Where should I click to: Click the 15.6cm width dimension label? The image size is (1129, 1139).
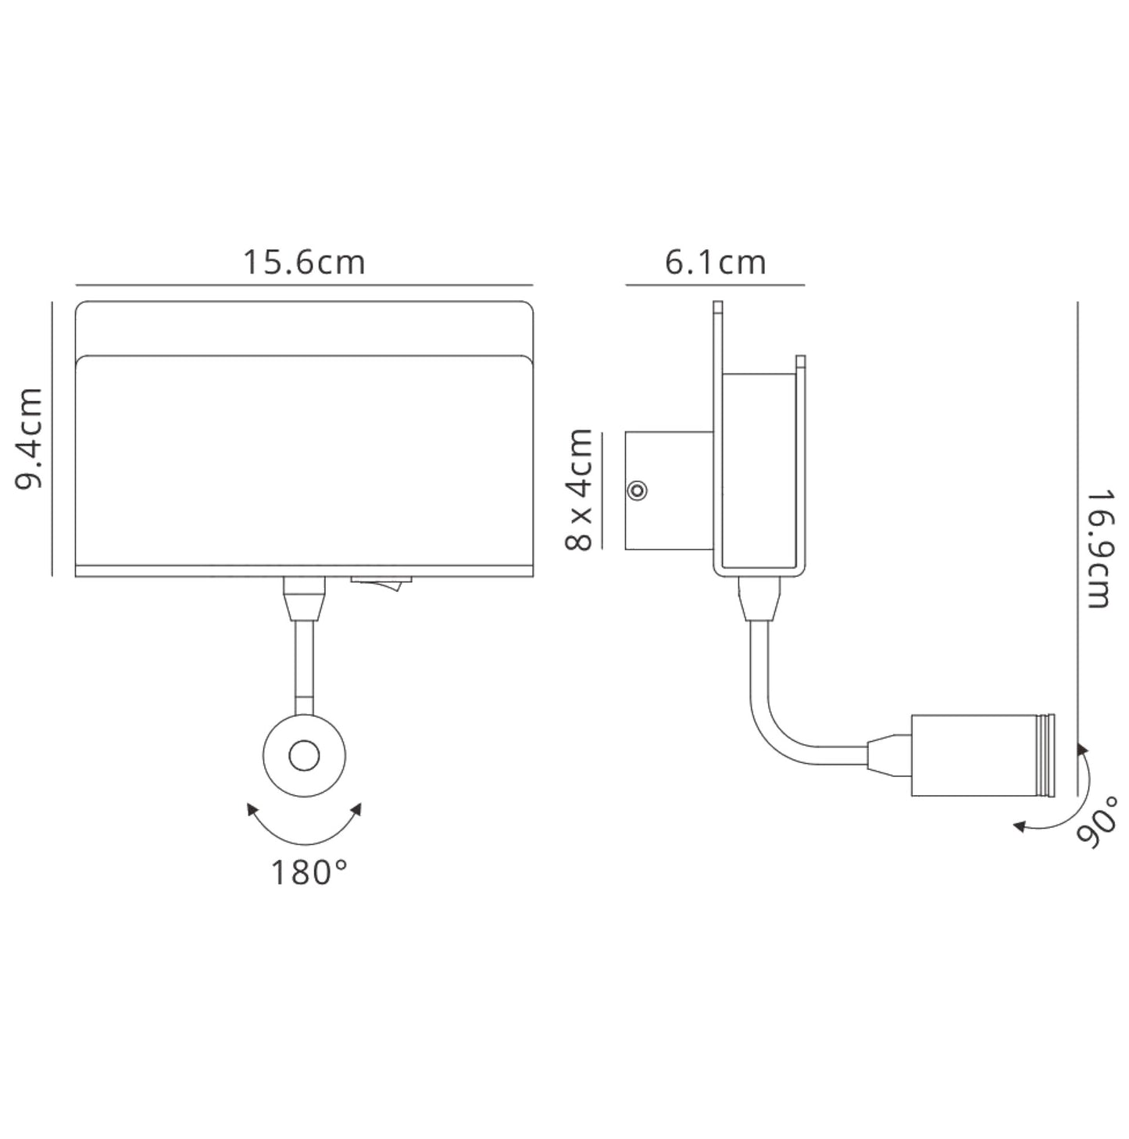coord(304,263)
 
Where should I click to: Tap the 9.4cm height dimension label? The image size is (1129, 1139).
coord(30,439)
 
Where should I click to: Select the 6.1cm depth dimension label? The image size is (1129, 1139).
coord(715,263)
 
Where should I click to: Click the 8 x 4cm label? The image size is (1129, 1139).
coord(578,490)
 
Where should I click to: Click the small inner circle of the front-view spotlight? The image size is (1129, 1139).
coord(304,756)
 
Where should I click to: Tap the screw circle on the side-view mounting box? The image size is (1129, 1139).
coord(638,491)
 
